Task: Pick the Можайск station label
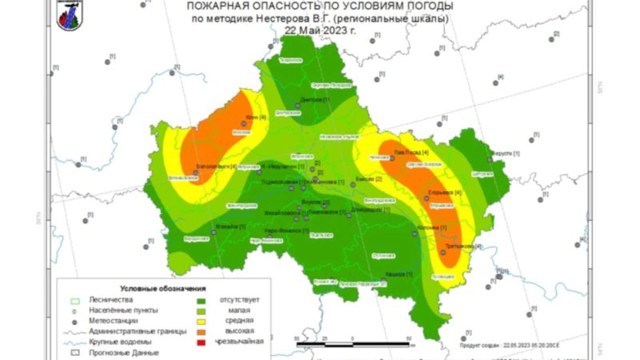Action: (230, 225)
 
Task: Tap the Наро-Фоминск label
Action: (285, 230)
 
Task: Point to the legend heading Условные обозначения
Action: (163, 287)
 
